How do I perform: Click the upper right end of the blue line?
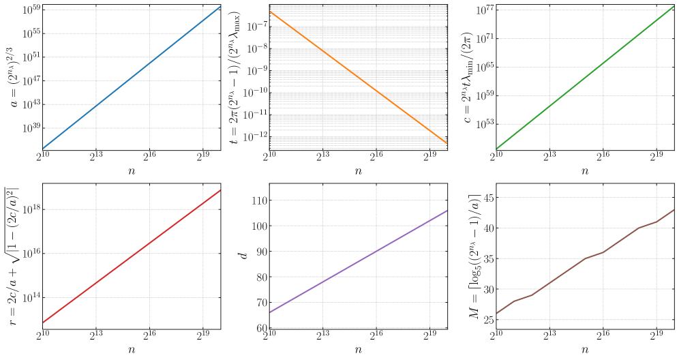[220, 7]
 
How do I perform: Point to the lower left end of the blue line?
[43, 148]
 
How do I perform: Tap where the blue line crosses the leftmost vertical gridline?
[96, 106]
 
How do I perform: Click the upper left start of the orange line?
[271, 12]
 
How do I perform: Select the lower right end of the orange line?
[447, 143]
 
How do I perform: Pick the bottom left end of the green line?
[497, 148]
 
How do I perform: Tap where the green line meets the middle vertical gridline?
[603, 63]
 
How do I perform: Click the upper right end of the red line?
[220, 190]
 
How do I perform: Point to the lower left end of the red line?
[43, 322]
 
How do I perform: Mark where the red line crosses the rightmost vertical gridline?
[203, 203]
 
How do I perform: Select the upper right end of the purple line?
[447, 210]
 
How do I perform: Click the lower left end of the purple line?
[271, 312]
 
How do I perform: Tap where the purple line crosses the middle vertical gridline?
[376, 251]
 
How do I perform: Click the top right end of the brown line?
[674, 210]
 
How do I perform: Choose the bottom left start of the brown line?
[497, 314]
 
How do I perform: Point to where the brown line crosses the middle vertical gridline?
[603, 252]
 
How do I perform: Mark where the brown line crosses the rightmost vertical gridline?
[656, 222]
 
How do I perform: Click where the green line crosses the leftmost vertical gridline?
[550, 106]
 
